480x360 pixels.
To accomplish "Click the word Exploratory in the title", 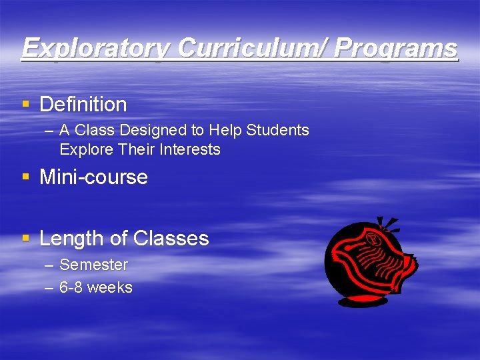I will point(97,49).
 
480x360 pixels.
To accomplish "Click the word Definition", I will point(83,105).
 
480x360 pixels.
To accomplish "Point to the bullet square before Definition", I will point(26,105).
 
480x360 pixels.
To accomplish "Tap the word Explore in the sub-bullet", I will point(87,149).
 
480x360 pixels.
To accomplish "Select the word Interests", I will point(190,149).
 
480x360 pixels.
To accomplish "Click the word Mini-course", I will point(94,177).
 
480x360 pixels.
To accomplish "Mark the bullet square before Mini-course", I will point(26,177).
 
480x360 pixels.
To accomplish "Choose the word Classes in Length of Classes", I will point(171,239).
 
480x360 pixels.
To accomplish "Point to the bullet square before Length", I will point(26,238).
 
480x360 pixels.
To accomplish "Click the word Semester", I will point(93,265).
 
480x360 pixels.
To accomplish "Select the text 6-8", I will point(71,288).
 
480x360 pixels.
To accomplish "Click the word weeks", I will point(110,288).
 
